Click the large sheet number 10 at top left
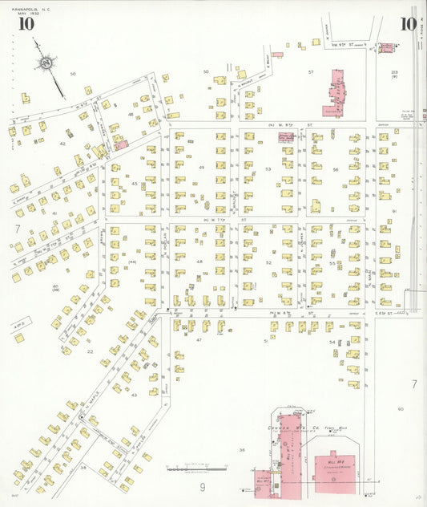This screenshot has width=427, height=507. [x=26, y=22]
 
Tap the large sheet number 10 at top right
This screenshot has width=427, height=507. [x=409, y=23]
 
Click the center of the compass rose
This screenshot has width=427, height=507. [x=46, y=62]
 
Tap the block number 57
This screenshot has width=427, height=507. [x=311, y=72]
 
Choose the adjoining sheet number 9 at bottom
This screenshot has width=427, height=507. [x=203, y=486]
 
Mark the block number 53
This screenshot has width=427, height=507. [x=268, y=168]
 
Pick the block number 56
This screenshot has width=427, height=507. [x=336, y=169]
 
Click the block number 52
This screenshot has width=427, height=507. [x=268, y=262]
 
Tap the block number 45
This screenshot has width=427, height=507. [x=135, y=184]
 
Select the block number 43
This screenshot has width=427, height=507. [x=134, y=395]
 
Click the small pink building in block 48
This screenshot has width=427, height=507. [x=120, y=144]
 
